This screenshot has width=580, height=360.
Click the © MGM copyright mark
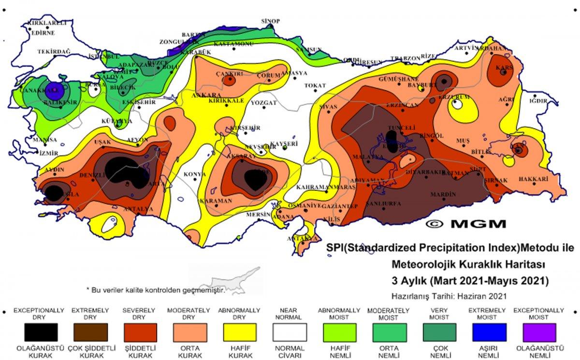click(466, 224)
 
